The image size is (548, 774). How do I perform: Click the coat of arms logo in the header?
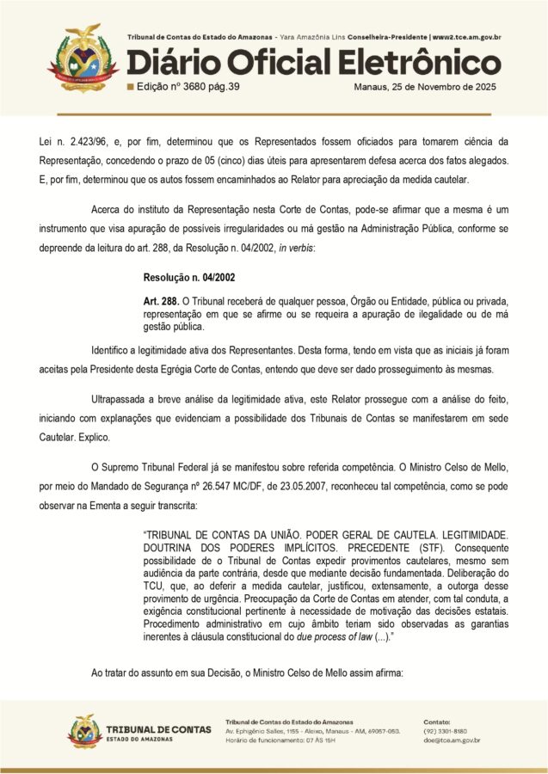[83, 58]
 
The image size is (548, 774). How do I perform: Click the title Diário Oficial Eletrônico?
[313, 63]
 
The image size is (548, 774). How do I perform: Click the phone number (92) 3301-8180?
[445, 730]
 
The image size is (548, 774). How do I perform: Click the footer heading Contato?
[438, 721]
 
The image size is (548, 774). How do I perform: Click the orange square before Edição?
[130, 88]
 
